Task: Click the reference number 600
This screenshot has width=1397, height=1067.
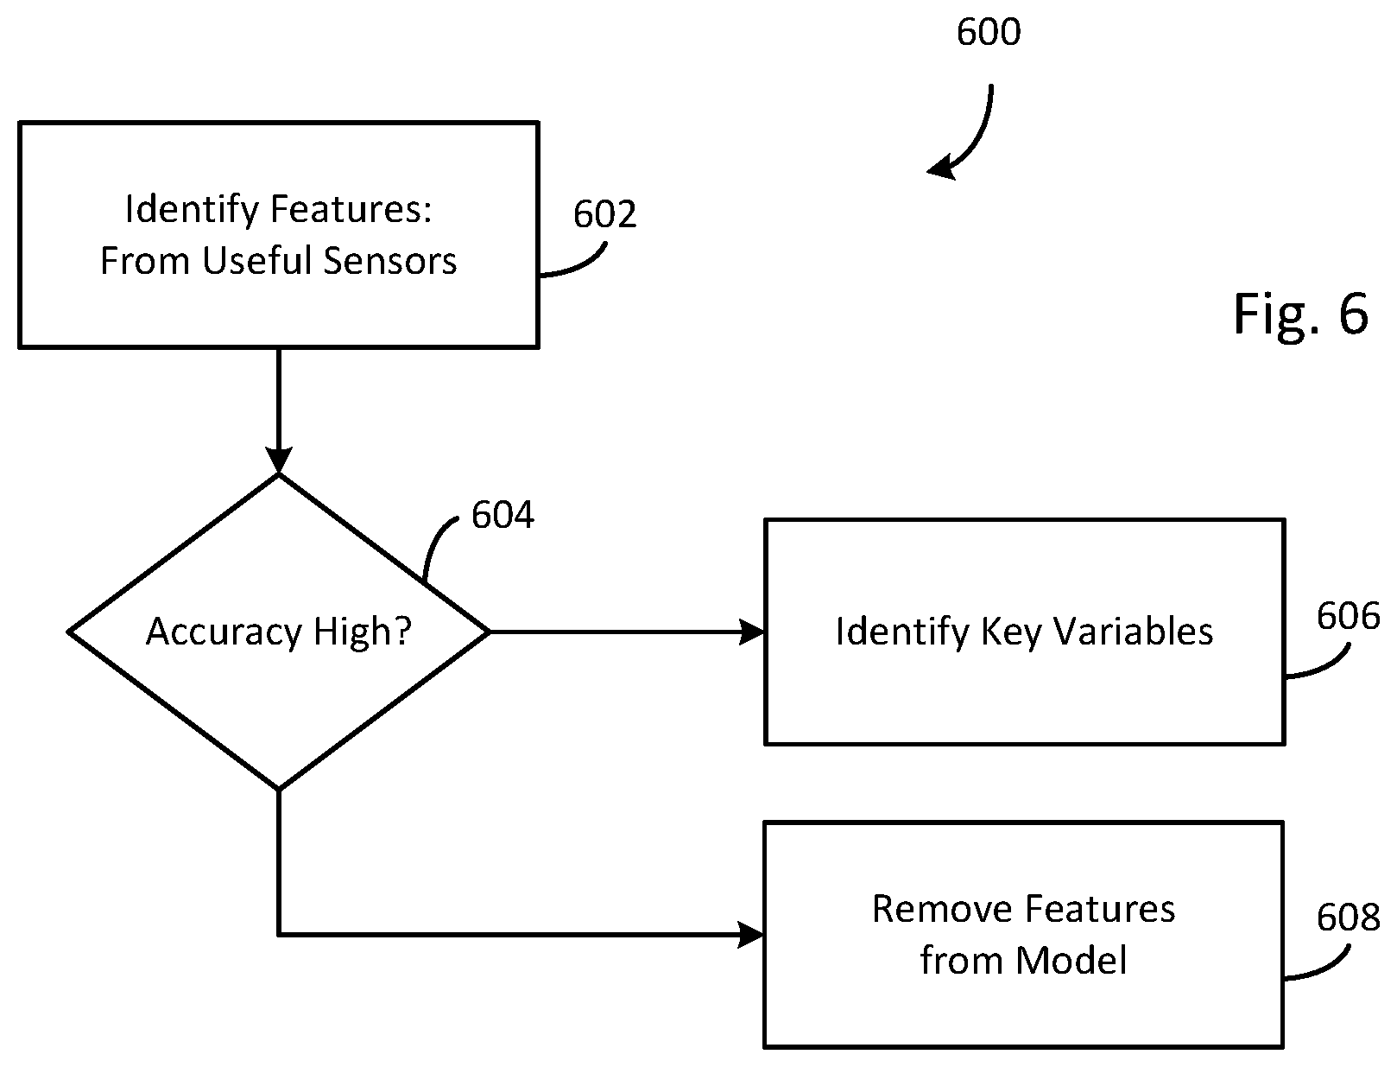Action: tap(989, 32)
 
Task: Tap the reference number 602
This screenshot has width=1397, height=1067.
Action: tap(604, 214)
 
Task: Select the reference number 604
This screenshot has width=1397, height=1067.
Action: tap(503, 515)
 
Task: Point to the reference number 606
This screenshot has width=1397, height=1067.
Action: tap(1348, 616)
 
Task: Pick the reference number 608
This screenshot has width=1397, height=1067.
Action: tap(1348, 918)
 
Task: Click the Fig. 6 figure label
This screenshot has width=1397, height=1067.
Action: tap(1300, 314)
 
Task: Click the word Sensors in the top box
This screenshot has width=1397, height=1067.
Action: tap(389, 261)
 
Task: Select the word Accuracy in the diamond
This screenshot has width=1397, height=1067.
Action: tap(224, 632)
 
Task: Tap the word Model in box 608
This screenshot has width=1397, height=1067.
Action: tap(1071, 960)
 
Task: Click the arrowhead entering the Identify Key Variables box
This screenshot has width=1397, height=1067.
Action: tap(752, 632)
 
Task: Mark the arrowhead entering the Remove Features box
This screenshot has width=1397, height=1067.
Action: tap(751, 935)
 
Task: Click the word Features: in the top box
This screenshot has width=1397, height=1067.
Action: tap(351, 209)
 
